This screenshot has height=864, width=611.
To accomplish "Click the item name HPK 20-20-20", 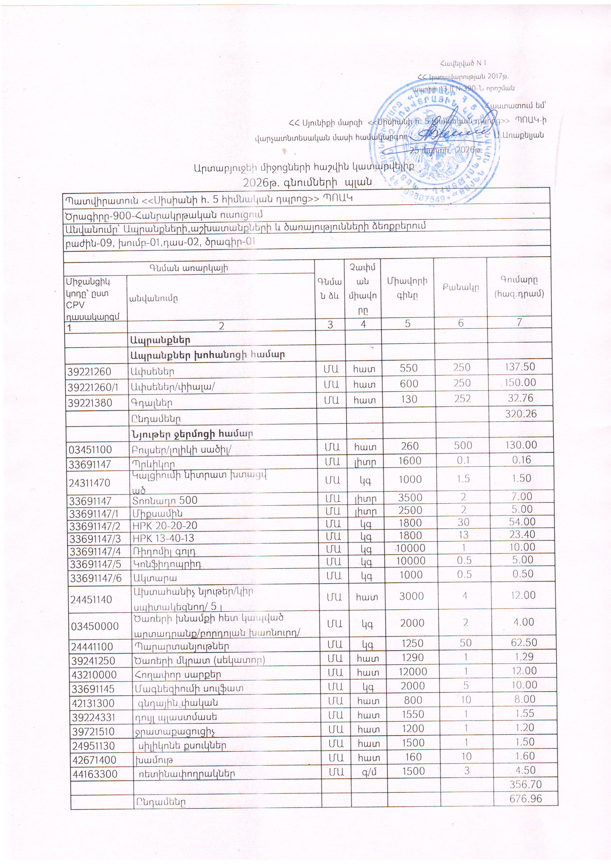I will point(165,525).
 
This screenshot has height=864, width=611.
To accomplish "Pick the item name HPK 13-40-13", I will point(163,538).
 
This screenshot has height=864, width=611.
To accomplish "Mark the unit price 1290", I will point(413,657).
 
